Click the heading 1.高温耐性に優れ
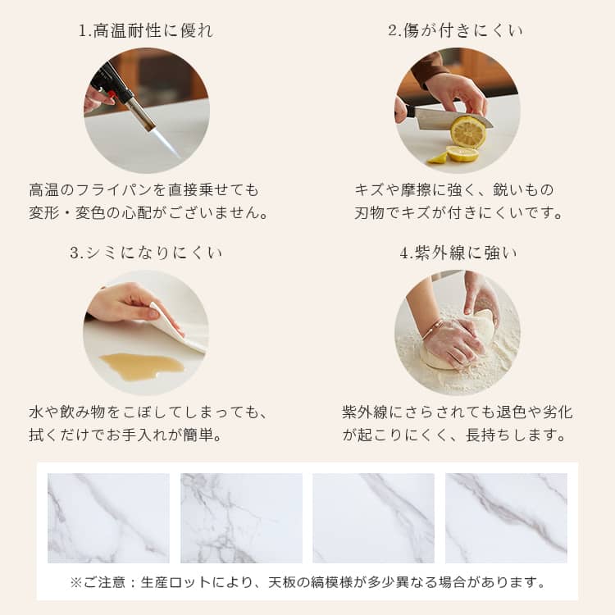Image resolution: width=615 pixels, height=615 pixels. tap(146, 30)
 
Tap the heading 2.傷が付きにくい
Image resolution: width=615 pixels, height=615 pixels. tap(455, 30)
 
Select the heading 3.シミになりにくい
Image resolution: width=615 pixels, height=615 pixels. tap(146, 253)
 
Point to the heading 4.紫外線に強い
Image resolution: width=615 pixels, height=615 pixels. tap(458, 253)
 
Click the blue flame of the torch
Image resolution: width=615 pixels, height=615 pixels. tap(165, 143)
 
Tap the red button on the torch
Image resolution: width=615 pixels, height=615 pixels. tap(112, 94)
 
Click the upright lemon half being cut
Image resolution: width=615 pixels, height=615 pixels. tap(468, 132)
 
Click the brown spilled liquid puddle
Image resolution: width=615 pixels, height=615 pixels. tap(141, 366)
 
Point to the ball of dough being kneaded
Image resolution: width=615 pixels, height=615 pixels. tap(455, 345)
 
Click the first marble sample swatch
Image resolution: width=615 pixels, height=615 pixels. tap(108, 518)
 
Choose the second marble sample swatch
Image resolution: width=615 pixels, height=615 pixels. tap(241, 518)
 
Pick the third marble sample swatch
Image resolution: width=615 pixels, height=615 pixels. tap(373, 518)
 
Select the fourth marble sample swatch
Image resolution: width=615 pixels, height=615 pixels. tap(507, 518)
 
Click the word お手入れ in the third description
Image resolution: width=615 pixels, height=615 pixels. tap(136, 435)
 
